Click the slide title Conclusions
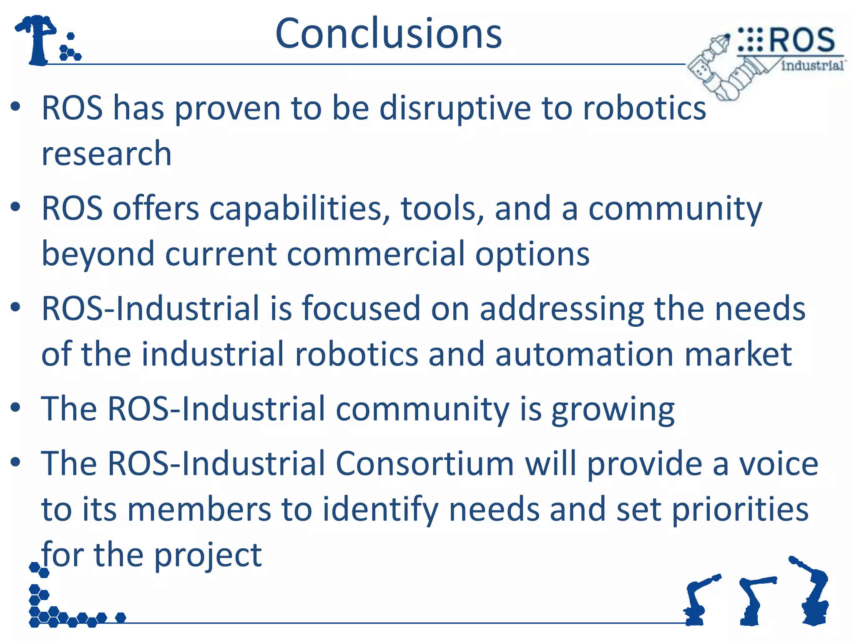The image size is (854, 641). point(389,33)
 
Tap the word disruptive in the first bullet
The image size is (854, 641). point(455,109)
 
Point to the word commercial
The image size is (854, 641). point(376,254)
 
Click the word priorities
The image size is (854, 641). point(740,510)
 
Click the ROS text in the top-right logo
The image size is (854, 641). point(801,40)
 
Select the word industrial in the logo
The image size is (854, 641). point(812,66)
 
